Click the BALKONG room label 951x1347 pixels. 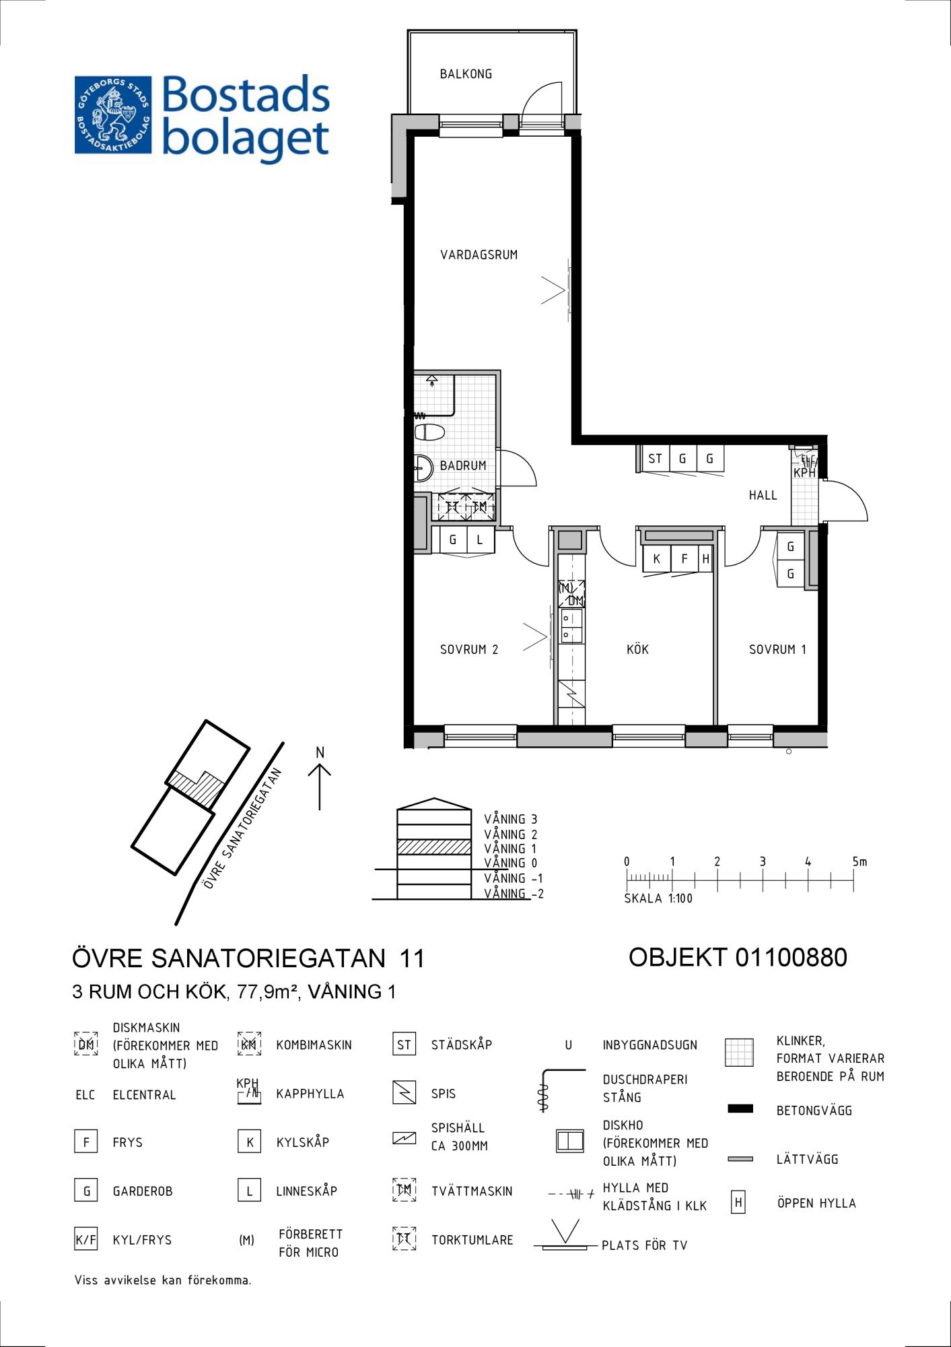pyautogui.click(x=466, y=74)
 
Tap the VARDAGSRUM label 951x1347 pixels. pyautogui.click(x=479, y=255)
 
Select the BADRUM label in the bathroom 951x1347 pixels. pyautogui.click(x=463, y=465)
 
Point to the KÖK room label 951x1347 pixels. pyautogui.click(x=637, y=649)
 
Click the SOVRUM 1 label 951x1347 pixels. pyautogui.click(x=777, y=649)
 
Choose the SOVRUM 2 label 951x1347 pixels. pyautogui.click(x=469, y=649)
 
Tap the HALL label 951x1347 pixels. pyautogui.click(x=763, y=495)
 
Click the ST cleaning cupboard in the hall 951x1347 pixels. pyautogui.click(x=655, y=459)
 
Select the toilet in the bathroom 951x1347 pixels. pyautogui.click(x=429, y=432)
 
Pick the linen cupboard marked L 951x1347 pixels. pyautogui.click(x=480, y=539)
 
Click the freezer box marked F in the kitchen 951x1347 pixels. pyautogui.click(x=684, y=558)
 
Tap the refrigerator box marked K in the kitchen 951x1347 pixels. pyautogui.click(x=657, y=558)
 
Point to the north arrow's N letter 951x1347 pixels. pyautogui.click(x=320, y=752)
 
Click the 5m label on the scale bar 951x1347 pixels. pyautogui.click(x=859, y=861)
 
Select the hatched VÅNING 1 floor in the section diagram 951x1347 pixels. pyautogui.click(x=434, y=847)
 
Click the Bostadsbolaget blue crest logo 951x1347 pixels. pyautogui.click(x=113, y=114)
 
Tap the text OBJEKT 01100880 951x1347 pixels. pyautogui.click(x=738, y=957)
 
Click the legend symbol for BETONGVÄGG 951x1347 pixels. pyautogui.click(x=740, y=1109)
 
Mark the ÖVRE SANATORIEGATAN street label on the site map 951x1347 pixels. pyautogui.click(x=242, y=828)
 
